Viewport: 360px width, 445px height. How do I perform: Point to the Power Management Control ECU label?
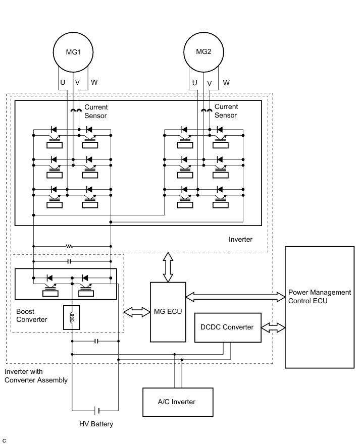320,297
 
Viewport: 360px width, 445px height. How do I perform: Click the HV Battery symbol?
97,410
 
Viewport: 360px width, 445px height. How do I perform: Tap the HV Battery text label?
96,424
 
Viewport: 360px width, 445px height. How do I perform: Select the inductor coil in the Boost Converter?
72,317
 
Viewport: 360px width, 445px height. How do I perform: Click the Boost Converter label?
31,315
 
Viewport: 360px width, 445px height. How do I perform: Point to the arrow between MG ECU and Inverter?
168,267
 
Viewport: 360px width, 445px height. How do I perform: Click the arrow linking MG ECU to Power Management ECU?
235,297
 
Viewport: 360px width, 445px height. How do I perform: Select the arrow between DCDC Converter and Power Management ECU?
273,327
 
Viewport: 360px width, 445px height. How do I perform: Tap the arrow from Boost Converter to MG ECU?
137,312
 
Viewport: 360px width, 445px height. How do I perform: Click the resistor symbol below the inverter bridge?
69,246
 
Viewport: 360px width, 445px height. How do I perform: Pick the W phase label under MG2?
226,83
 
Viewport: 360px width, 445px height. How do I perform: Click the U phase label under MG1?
63,82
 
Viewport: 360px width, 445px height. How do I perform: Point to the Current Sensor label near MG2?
226,111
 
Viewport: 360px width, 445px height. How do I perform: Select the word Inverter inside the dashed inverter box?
240,239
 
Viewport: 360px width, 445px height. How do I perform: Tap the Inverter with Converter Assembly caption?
36,376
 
